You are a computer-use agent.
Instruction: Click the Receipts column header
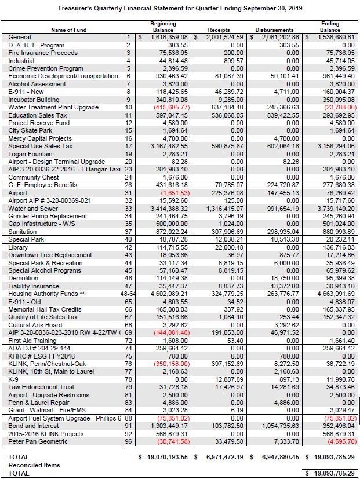[x=218, y=30]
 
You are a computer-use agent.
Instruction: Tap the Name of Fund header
[x=70, y=30]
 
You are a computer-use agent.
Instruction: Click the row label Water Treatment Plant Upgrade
[x=53, y=108]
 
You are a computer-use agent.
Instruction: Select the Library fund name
[x=19, y=247]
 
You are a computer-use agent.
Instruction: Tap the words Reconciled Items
[x=34, y=465]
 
